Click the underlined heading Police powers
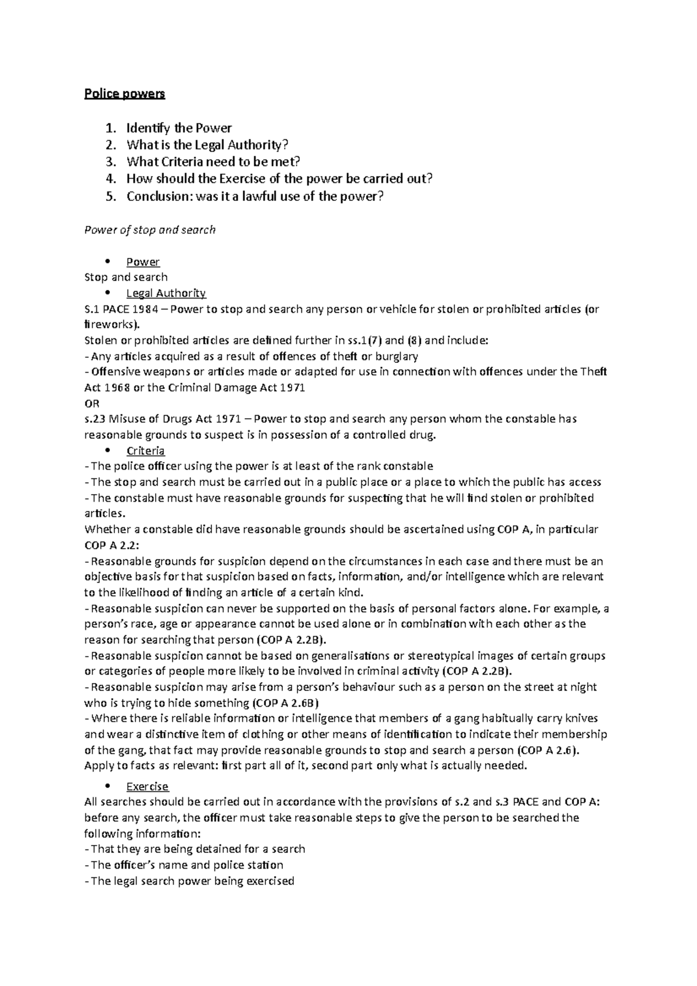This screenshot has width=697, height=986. pos(125,93)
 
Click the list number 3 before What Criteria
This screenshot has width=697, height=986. pos(110,161)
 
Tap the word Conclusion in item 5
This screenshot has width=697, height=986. pos(153,196)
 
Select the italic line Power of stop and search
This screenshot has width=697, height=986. pos(150,230)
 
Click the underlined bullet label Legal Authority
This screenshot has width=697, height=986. pos(166,293)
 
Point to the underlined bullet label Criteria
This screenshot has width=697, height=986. pos(146,451)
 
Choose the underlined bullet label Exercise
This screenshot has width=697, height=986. pos(148,786)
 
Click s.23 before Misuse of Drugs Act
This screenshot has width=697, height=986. pos(95,419)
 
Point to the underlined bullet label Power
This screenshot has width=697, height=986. pos(143,261)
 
